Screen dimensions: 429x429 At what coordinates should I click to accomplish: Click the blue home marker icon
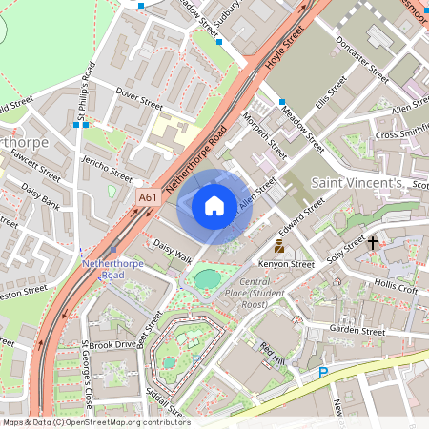[x=214, y=206]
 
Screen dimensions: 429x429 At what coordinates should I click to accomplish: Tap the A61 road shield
[x=147, y=197]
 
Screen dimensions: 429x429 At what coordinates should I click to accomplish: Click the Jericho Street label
[x=107, y=168]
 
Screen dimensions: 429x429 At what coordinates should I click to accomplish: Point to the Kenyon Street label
[x=287, y=264]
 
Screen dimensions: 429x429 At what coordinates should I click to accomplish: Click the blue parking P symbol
[x=323, y=372]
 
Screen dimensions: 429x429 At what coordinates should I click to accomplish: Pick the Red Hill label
[x=273, y=354]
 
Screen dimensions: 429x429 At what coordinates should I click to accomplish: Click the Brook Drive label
[x=113, y=344]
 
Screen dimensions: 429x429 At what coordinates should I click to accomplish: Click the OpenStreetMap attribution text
[x=96, y=422]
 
